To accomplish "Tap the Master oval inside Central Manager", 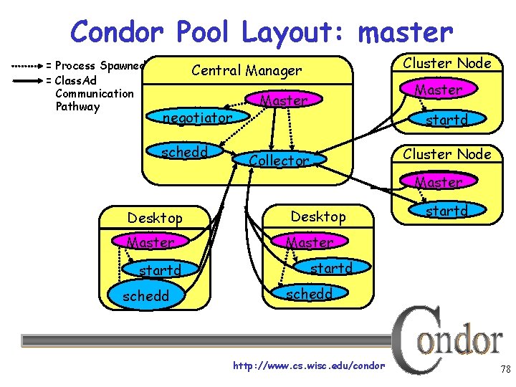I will point(284,101).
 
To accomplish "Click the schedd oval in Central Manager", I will point(185,151).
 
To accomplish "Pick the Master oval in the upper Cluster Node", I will point(439,90).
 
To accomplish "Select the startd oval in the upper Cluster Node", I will point(446,120).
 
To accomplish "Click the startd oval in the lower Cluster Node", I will point(446,211).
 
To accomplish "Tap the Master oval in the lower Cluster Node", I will point(439,182).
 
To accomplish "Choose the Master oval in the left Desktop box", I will point(150,243).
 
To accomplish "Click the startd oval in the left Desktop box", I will point(159,270).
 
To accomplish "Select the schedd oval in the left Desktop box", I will point(145,296).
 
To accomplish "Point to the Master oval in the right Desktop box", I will point(310,243).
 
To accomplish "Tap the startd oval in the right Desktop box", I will point(330,269).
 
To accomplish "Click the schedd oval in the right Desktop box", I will point(309,292).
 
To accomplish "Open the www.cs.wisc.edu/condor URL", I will point(309,366).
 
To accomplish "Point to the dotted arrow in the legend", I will point(27,65).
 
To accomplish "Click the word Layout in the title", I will point(295,32).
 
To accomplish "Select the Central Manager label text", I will point(247,70).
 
